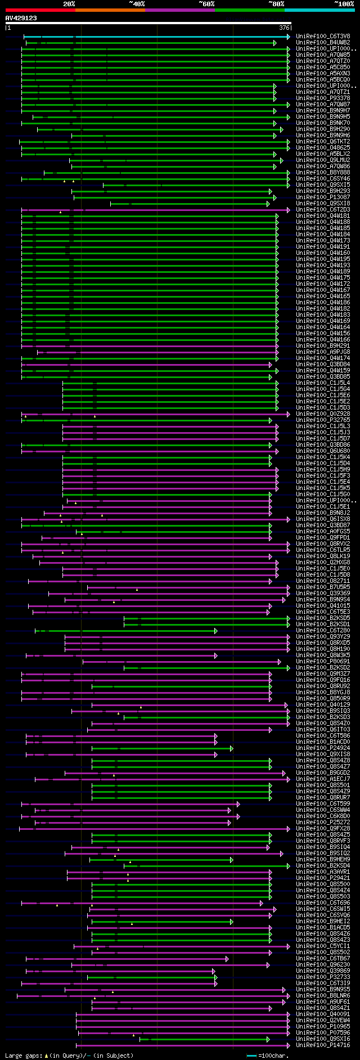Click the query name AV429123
click(21, 18)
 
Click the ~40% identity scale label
click(137, 4)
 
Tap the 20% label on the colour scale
click(69, 4)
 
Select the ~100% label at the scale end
click(344, 4)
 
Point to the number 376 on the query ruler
click(284, 27)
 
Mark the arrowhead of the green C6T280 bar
click(215, 631)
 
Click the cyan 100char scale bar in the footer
click(251, 1055)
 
